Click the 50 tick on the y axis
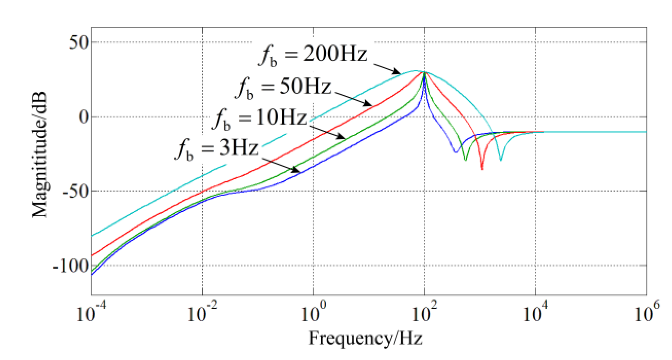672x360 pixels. pos(79,42)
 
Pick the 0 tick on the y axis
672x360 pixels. pos(83,117)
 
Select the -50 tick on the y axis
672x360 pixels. pos(76,191)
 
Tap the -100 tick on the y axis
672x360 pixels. pos(71,266)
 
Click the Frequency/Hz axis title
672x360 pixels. pos(365,338)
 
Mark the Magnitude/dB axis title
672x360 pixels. pos(39,155)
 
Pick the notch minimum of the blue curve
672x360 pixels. pos(456,151)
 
